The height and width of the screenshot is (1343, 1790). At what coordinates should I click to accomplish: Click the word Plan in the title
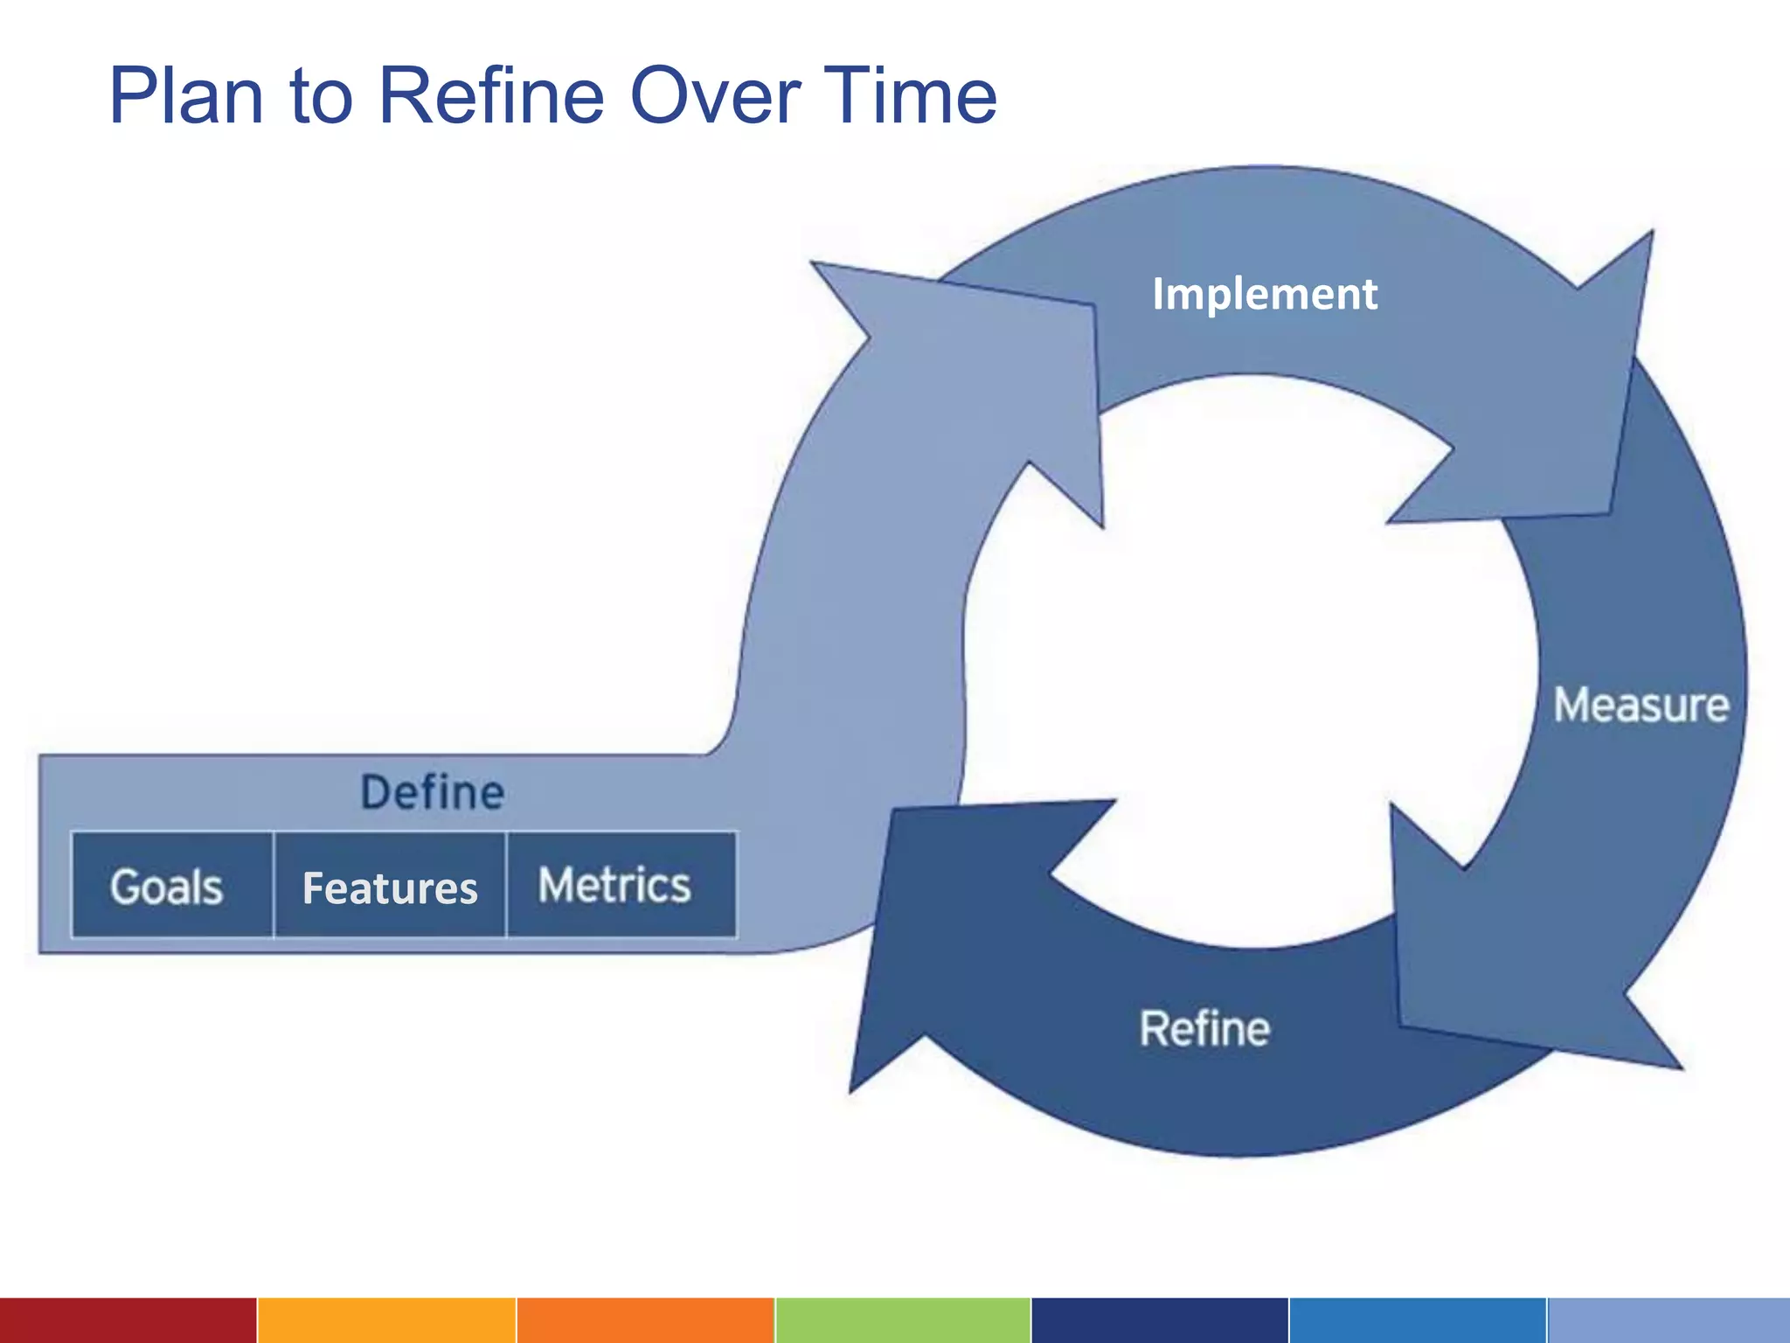186,96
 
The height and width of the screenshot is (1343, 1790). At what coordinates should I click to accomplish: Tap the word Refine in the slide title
490,96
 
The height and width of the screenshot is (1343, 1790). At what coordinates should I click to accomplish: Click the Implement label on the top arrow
1264,294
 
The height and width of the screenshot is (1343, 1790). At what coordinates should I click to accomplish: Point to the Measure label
1641,706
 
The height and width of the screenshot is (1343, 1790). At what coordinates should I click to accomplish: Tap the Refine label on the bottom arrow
1204,1028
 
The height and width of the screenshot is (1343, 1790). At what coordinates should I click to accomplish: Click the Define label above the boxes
433,792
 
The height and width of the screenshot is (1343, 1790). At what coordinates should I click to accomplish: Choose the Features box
390,887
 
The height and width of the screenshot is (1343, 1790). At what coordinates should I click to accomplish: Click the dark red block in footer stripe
128,1320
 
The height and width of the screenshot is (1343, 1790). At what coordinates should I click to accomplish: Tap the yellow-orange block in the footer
386,1320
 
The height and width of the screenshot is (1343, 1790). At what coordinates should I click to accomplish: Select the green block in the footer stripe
902,1320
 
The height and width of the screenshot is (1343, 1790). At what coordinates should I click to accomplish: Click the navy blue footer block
1159,1320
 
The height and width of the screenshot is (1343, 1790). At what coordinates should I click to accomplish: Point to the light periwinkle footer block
1668,1320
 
